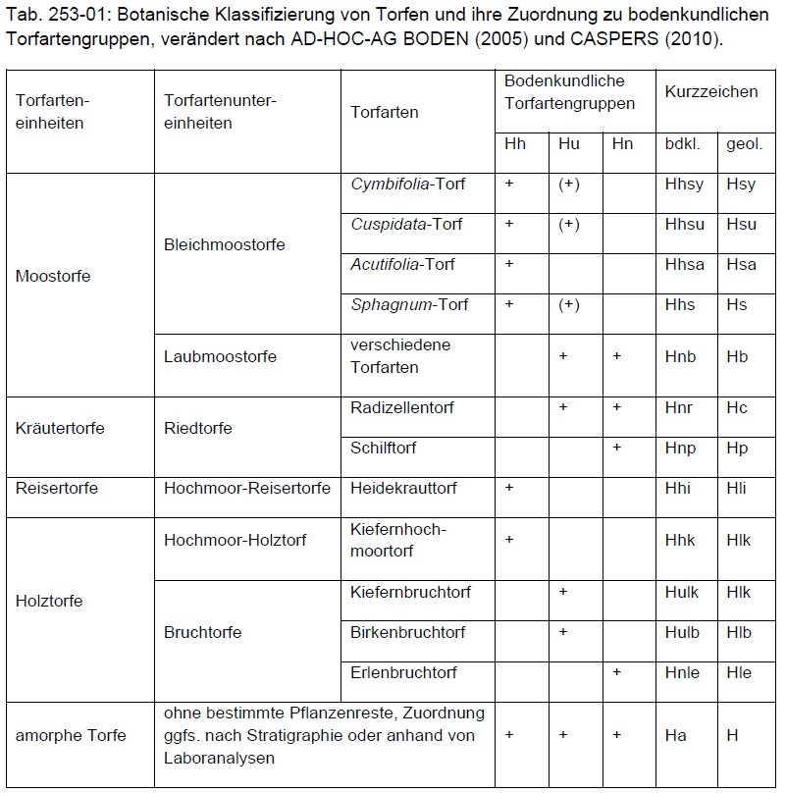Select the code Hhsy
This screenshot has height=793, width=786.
(x=684, y=185)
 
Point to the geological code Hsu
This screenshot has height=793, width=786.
(x=741, y=225)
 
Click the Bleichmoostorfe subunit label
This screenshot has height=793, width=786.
(x=225, y=244)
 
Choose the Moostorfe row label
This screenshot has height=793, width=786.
(x=53, y=276)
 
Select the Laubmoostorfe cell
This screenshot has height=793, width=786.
(x=220, y=356)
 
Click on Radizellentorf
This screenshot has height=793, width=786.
(x=402, y=407)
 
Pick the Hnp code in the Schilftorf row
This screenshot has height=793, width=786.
(x=680, y=449)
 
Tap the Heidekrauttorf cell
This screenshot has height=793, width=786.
(x=403, y=488)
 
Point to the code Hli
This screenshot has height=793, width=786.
(x=737, y=488)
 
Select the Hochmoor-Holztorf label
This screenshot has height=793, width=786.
(x=236, y=540)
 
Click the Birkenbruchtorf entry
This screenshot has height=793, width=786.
(x=407, y=632)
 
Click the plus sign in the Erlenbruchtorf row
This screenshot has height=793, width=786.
(x=616, y=672)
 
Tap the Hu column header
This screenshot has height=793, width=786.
(x=569, y=144)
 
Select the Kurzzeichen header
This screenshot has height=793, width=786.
(x=711, y=91)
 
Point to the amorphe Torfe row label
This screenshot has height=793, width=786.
(x=71, y=735)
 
